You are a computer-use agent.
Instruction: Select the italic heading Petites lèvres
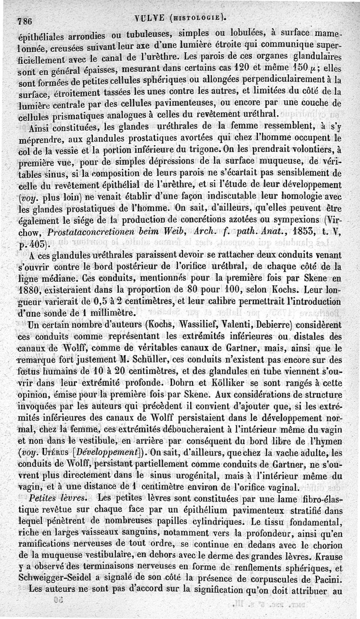(58, 498)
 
